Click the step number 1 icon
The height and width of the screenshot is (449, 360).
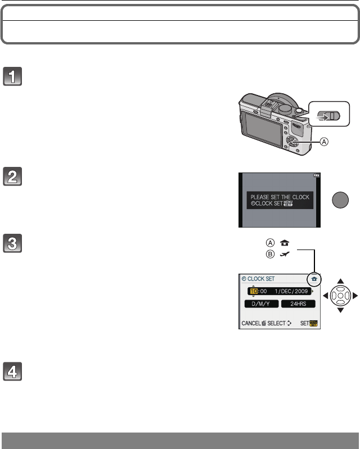click(13, 76)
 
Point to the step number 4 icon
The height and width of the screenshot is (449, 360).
click(13, 371)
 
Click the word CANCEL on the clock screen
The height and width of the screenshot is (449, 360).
click(251, 324)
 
